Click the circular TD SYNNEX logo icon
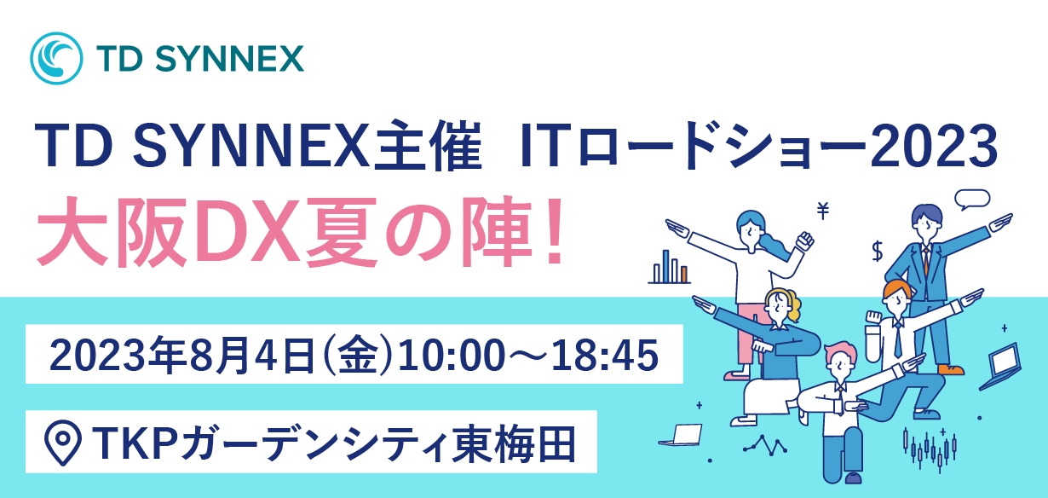(x=56, y=59)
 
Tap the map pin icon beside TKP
(x=63, y=443)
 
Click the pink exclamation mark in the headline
(x=555, y=233)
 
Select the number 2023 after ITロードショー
(x=934, y=146)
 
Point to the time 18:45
(x=605, y=356)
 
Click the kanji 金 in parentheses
(x=358, y=356)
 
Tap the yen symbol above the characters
(x=823, y=210)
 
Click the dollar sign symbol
(x=878, y=252)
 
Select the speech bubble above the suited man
(x=972, y=200)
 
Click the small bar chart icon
(x=669, y=267)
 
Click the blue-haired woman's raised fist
(x=804, y=240)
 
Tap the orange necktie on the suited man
(x=926, y=262)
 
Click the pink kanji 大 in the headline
(x=72, y=233)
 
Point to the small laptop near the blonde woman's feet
(x=681, y=435)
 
